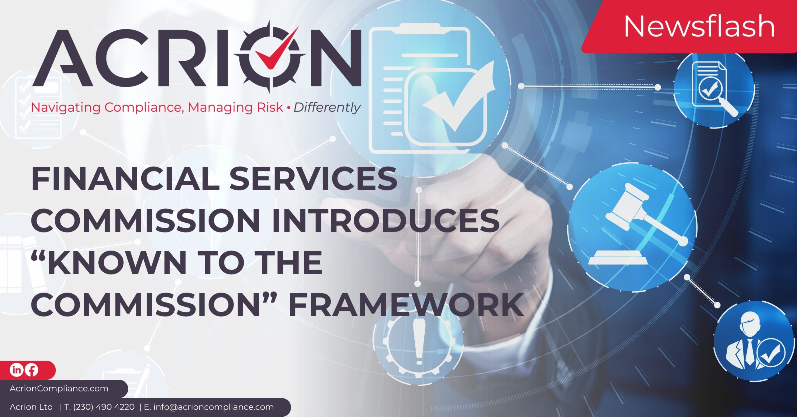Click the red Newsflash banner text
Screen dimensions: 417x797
699,26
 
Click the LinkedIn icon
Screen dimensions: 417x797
17,370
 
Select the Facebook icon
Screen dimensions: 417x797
31,370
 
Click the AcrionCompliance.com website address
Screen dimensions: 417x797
59,389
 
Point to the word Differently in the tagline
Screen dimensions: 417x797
327,108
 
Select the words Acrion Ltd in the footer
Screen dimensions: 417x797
31,407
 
